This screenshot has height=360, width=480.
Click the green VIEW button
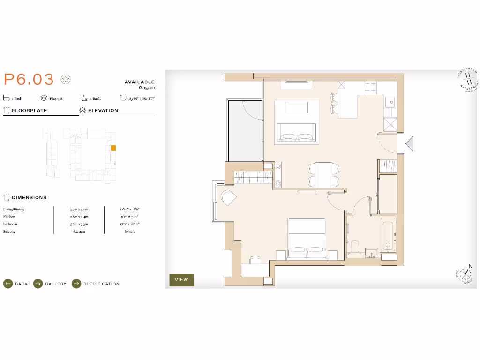[181, 280]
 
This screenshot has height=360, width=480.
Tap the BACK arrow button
[8, 284]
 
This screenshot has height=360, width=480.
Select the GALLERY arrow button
[38, 284]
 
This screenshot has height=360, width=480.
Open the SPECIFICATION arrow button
[76, 284]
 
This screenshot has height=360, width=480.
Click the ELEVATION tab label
[103, 111]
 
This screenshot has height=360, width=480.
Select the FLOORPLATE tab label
[29, 111]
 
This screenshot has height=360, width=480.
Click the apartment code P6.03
[29, 79]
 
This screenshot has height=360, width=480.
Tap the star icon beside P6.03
[66, 80]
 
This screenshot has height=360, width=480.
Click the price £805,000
[146, 88]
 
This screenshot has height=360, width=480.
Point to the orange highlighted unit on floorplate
[113, 148]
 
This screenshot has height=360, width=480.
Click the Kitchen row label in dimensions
[9, 217]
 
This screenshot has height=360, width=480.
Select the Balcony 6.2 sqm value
[78, 232]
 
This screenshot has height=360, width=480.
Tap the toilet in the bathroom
[355, 247]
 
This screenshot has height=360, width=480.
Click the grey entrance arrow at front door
[409, 144]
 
